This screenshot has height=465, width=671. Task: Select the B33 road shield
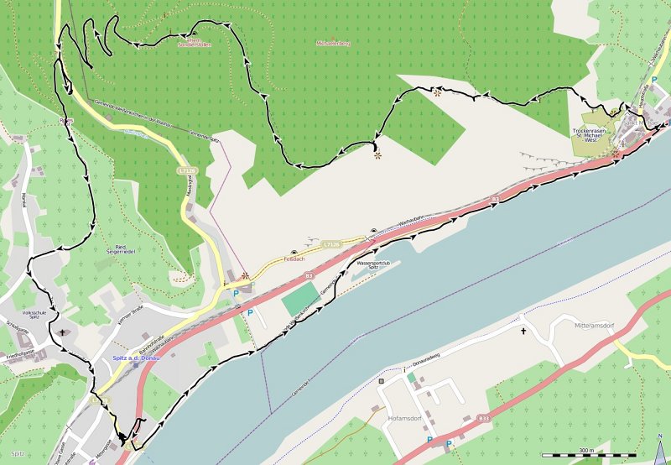click(483, 417)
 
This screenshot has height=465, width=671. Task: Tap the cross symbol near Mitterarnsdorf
click(524, 331)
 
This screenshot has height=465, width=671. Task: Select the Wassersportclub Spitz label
click(373, 266)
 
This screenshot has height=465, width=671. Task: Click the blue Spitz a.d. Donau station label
click(137, 359)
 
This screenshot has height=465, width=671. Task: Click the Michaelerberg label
click(333, 42)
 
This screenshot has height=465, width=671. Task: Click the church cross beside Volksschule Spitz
click(61, 332)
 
